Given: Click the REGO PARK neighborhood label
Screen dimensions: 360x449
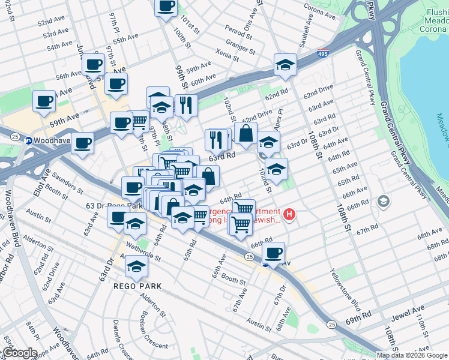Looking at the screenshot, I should click(137, 286).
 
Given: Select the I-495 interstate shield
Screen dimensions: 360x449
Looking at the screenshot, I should click(323, 54).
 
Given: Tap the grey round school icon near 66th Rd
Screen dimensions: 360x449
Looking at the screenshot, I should click(383, 202).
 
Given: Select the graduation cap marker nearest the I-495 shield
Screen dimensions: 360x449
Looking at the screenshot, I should click(286, 65).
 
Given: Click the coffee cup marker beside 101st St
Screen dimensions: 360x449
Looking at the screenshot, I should click(166, 7).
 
